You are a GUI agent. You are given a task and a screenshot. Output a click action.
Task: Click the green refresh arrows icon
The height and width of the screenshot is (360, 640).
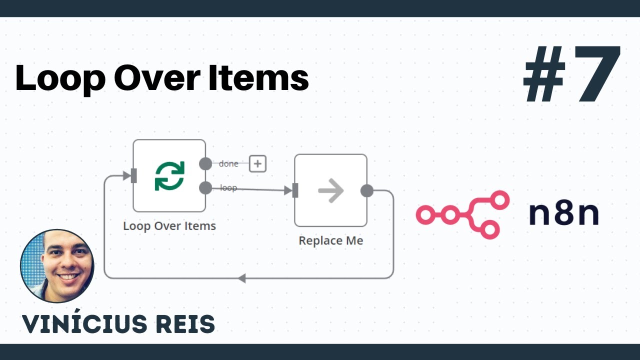pos(169,175)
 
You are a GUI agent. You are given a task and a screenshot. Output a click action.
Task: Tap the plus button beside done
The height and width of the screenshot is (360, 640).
pos(257,163)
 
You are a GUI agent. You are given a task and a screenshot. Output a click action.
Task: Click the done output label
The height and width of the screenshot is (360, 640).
pos(228,163)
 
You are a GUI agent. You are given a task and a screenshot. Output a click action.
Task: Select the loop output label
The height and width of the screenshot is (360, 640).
pos(228,188)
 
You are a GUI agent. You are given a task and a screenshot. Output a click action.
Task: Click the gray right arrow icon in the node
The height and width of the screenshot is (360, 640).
pos(330,190)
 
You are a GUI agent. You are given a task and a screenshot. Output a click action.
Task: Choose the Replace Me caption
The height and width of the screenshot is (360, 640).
pos(330,240)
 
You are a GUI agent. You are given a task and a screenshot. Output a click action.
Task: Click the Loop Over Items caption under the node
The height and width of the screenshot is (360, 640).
pos(169,226)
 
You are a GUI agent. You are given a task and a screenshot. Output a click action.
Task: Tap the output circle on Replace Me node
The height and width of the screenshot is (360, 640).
pos(367,190)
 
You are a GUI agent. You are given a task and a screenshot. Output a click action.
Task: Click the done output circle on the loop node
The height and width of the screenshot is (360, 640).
pos(205,163)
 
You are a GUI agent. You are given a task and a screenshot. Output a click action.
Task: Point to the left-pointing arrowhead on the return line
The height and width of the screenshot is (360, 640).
pos(241,278)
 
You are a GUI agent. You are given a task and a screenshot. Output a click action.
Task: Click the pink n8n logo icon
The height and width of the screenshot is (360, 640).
pos(462,214)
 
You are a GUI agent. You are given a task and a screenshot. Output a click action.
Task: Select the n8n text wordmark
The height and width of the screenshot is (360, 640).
pos(563,214)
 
